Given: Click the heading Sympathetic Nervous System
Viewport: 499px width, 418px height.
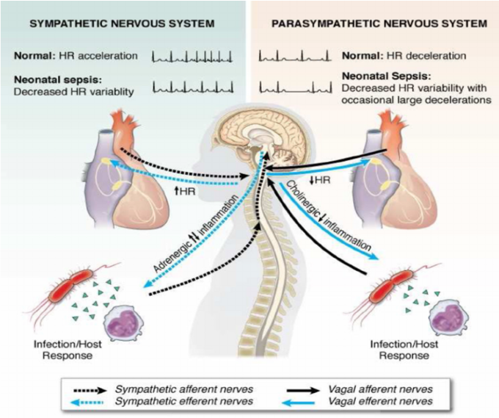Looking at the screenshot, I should point(122,24).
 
